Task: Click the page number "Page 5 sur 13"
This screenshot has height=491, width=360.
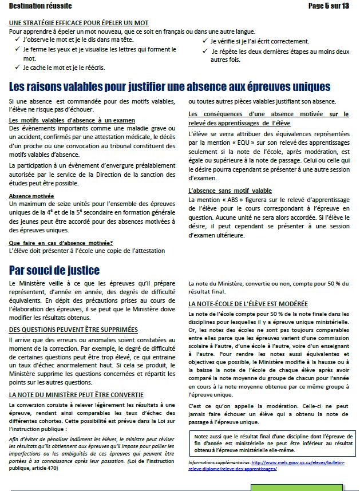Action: tap(328, 6)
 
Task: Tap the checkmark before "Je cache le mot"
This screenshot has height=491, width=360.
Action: tap(18, 68)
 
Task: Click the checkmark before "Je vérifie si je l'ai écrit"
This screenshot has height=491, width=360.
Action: tap(205, 41)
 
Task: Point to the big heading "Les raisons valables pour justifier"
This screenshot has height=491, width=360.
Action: tap(170, 87)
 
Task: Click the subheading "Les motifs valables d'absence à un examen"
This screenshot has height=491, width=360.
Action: tap(72, 120)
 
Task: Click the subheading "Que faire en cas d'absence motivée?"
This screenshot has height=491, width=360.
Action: tap(61, 243)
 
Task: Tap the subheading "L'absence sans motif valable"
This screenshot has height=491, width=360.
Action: tap(230, 191)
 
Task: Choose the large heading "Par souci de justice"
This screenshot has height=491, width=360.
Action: tap(54, 270)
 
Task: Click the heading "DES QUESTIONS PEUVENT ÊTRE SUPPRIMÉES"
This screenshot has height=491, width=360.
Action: tap(74, 330)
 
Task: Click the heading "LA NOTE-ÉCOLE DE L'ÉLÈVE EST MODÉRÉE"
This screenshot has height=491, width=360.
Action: tap(248, 303)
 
